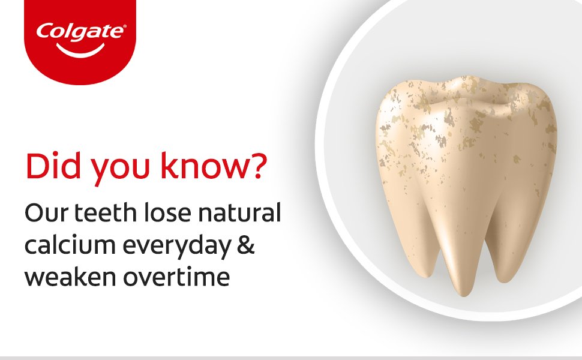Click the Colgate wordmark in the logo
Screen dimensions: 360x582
tap(80, 31)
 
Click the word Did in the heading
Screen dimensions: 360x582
tap(47, 167)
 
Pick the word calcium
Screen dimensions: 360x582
tap(66, 246)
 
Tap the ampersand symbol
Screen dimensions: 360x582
tap(245, 246)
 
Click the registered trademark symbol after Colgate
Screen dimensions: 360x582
tap(124, 26)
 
